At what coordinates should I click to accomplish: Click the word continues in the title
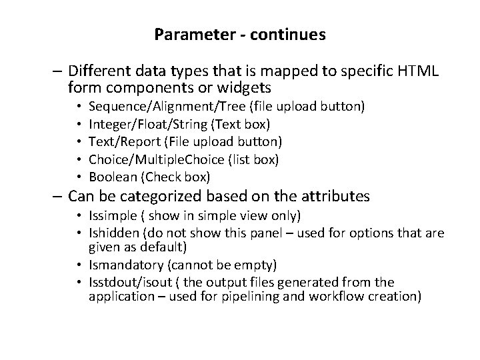click(x=290, y=34)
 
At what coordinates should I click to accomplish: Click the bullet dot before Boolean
click(x=79, y=177)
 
